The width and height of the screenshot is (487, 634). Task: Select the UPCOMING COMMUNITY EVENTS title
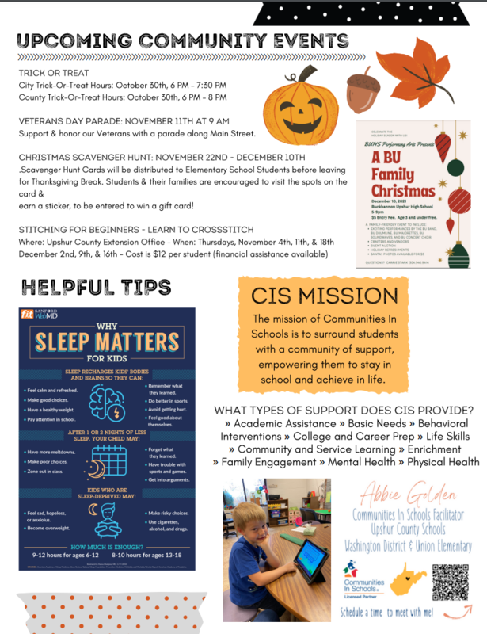tap(183, 40)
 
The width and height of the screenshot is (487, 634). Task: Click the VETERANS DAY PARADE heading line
tap(124, 121)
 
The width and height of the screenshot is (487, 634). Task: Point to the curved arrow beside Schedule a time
tap(457, 610)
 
